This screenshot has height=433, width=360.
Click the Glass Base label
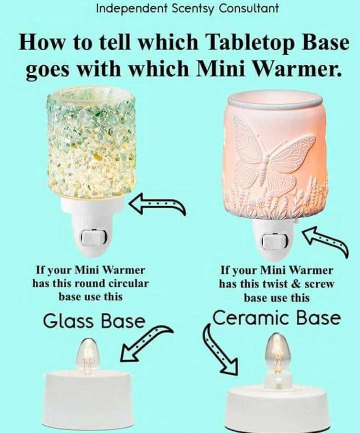[94, 321]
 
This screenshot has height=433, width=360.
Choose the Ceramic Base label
[276, 319]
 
